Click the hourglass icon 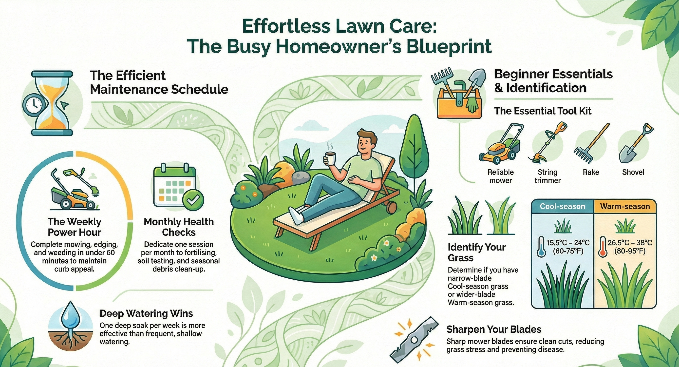click(x=52, y=103)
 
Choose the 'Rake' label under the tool click(x=591, y=172)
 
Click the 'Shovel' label click(x=633, y=172)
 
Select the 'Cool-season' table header click(x=563, y=206)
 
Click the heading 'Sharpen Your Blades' click(x=494, y=329)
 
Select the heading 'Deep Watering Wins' click(x=146, y=313)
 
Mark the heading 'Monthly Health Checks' click(x=179, y=227)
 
